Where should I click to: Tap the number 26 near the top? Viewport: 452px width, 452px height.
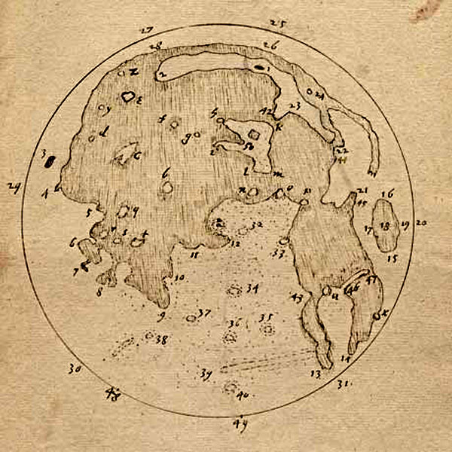point(270,46)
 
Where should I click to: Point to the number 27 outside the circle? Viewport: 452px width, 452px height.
point(147,30)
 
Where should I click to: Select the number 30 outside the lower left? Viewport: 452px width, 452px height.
point(73,369)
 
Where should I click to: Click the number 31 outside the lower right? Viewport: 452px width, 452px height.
point(345,384)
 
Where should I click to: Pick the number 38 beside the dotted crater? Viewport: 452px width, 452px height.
point(160,340)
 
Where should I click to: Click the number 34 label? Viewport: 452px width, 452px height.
point(252,289)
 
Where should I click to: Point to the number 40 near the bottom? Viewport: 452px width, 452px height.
point(243,395)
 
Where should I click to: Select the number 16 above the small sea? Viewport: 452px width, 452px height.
point(387,194)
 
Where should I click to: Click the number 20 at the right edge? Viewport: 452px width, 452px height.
point(420,223)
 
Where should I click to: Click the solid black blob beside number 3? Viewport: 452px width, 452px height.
point(50,159)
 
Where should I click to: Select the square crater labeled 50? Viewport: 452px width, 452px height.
point(255,135)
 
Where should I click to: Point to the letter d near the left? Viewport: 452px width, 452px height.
point(105,131)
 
